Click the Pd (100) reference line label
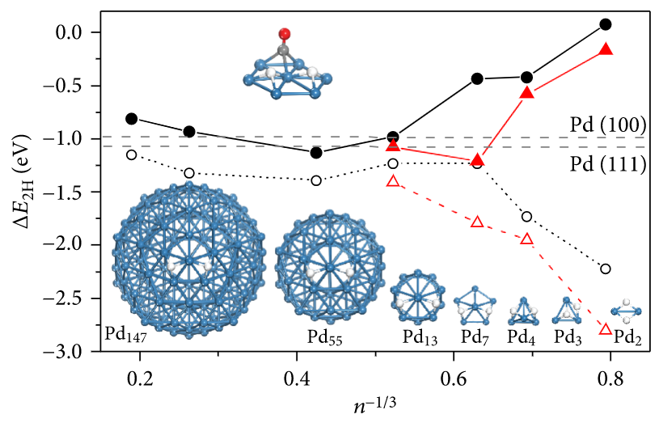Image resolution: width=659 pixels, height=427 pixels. [606, 125]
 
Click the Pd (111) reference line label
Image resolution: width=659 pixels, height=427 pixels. [606, 164]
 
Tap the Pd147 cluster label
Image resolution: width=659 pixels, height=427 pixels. [131, 333]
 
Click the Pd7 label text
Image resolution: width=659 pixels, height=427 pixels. [475, 336]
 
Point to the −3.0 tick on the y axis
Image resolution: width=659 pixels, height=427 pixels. [88, 352]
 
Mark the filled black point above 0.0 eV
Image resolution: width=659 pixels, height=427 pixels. [606, 25]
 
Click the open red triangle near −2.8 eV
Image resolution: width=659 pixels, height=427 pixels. [606, 329]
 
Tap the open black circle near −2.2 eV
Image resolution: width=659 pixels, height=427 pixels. [606, 268]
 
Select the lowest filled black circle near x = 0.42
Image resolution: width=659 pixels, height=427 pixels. [317, 153]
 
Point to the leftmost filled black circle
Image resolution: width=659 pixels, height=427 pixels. [133, 118]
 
